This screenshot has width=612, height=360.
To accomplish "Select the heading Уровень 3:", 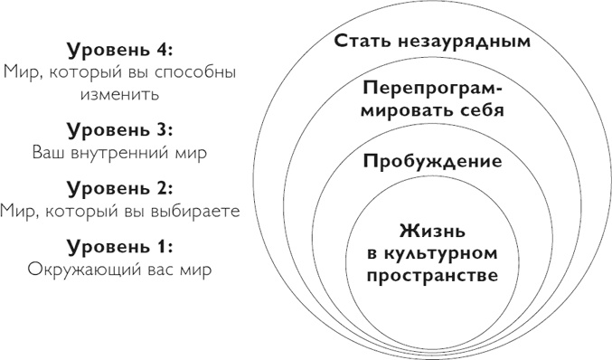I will [x=119, y=129].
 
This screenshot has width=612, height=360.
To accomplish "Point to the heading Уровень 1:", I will [x=119, y=246].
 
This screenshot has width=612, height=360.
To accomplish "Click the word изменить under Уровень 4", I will [x=119, y=93].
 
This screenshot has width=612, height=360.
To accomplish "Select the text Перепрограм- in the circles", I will [x=431, y=90].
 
